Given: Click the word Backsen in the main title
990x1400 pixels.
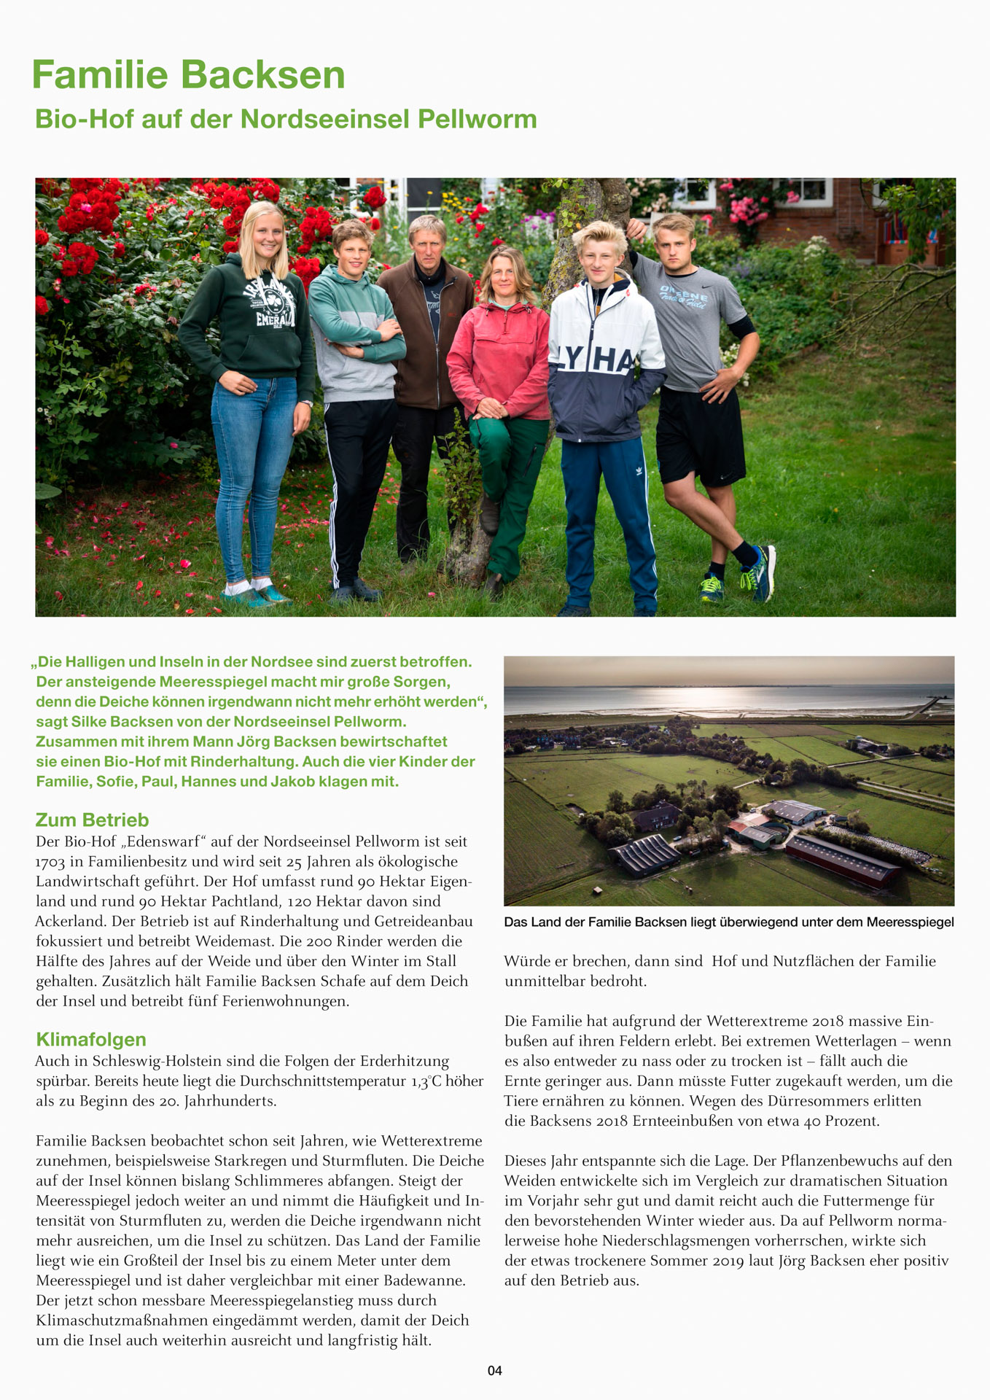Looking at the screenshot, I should pos(262,76).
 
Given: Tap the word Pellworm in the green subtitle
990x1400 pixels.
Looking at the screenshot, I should pos(477,119).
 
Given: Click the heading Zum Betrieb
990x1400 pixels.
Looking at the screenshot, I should pos(92,820).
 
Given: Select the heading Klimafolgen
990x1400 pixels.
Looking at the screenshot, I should pos(91,1039).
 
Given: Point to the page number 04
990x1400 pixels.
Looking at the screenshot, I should pos(495,1371).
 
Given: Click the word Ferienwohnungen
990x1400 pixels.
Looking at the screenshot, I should pos(284,1001).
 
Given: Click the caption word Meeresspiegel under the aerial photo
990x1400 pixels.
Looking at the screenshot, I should pos(910,922).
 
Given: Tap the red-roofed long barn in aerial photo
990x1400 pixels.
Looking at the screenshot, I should pos(842,860).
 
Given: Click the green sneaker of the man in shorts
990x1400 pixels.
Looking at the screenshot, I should pos(712,586).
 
